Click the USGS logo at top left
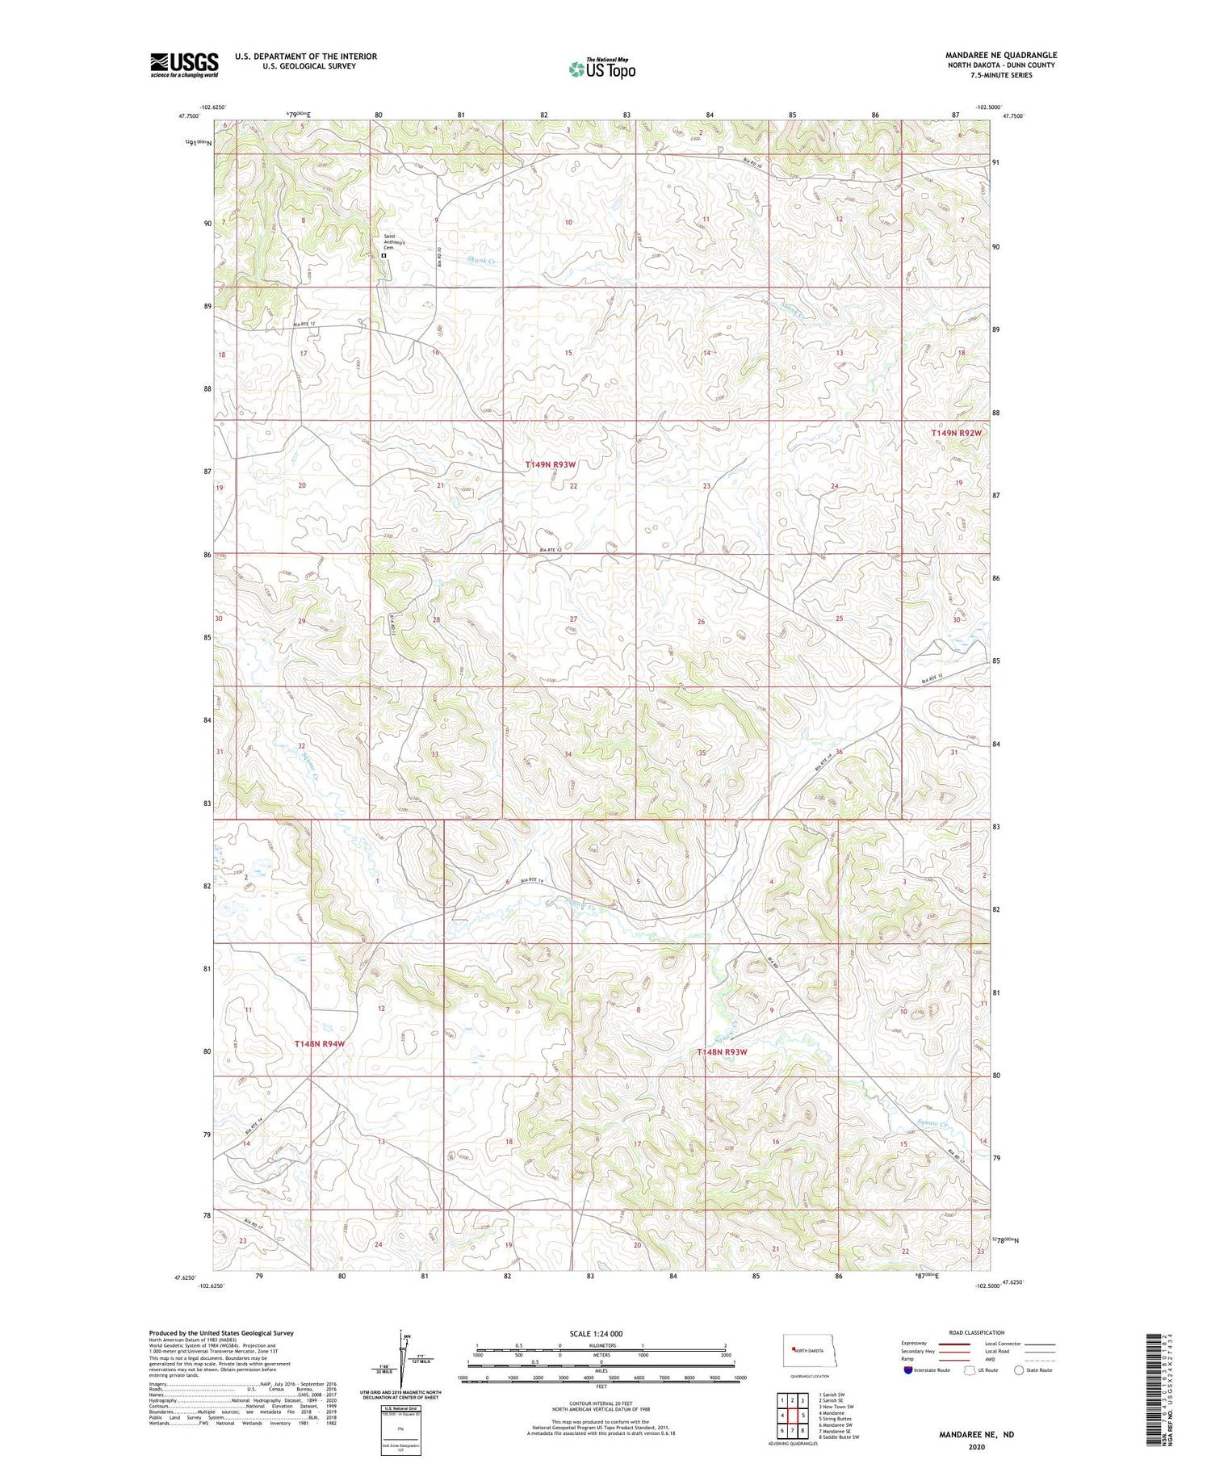pyautogui.click(x=184, y=65)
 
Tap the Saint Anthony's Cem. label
pyautogui.click(x=394, y=241)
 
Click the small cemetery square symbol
pyautogui.click(x=383, y=256)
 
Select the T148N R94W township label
pyautogui.click(x=320, y=1044)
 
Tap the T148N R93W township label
pyautogui.click(x=723, y=1052)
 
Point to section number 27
pyautogui.click(x=572, y=619)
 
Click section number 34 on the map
pyautogui.click(x=568, y=754)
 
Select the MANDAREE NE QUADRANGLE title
pyautogui.click(x=1001, y=55)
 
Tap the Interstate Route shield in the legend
pyautogui.click(x=908, y=1370)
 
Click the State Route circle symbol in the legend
pyautogui.click(x=1019, y=1370)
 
